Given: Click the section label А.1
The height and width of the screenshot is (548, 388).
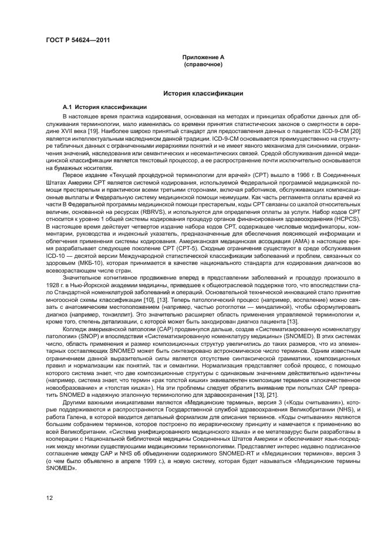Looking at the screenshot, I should coord(70,108).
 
